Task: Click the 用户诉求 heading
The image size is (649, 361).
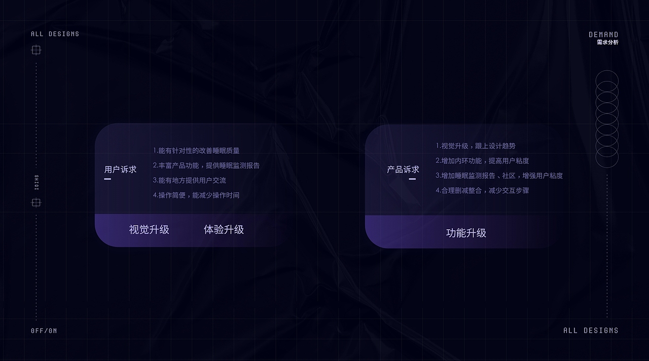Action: (120, 170)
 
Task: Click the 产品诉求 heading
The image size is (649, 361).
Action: (403, 170)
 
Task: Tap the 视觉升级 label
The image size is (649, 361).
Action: (149, 229)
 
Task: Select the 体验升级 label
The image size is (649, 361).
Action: (224, 229)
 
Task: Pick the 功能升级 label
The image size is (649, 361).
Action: (466, 233)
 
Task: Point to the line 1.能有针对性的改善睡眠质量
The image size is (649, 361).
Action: (196, 150)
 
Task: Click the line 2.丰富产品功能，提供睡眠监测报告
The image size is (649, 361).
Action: (206, 165)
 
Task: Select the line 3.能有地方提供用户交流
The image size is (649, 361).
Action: (190, 180)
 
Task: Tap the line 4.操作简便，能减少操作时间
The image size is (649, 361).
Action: (196, 195)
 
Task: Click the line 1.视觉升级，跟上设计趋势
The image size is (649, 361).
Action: (476, 146)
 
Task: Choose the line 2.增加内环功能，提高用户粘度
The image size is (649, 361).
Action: (482, 161)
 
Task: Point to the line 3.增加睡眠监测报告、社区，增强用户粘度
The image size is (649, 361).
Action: (499, 176)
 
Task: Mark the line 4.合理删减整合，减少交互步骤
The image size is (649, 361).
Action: (482, 190)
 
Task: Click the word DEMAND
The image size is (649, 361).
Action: (603, 34)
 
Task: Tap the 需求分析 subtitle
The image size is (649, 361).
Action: (607, 43)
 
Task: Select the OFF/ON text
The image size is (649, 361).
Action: (44, 331)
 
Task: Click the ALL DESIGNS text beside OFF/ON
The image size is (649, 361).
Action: (591, 331)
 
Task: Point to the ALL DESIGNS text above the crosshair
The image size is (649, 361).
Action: (55, 34)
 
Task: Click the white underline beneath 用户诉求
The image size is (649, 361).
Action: (107, 179)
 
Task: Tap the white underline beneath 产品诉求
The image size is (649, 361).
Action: (412, 179)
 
